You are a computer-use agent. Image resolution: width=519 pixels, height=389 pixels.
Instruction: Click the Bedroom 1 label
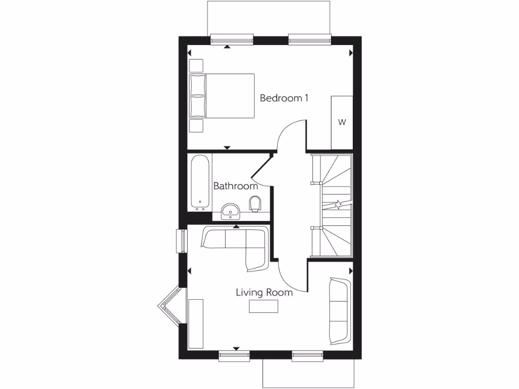pos(284,98)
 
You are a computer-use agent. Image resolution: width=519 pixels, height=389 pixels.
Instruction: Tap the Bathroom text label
pos(235,186)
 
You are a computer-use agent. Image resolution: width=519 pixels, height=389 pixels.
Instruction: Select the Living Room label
pos(264,292)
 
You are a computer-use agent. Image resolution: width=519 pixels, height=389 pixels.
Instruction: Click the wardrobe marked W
pos(342,122)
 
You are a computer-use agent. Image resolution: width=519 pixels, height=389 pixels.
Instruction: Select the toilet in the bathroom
pos(256,204)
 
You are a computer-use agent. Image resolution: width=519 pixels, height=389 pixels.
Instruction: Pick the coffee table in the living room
pos(264,306)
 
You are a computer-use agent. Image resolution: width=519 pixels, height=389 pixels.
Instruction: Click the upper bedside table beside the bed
pos(196,66)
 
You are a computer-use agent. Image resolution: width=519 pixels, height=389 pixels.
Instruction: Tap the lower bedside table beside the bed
pos(196,126)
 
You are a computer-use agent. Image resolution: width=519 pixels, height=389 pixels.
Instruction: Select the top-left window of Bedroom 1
pos(232,38)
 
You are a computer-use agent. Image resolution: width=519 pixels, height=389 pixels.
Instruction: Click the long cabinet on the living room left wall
pos(196,324)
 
